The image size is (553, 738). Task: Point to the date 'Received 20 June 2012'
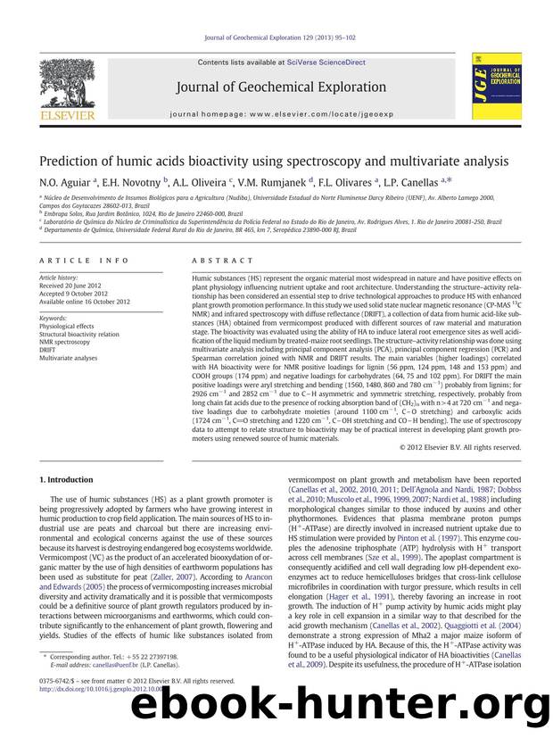coord(74,286)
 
